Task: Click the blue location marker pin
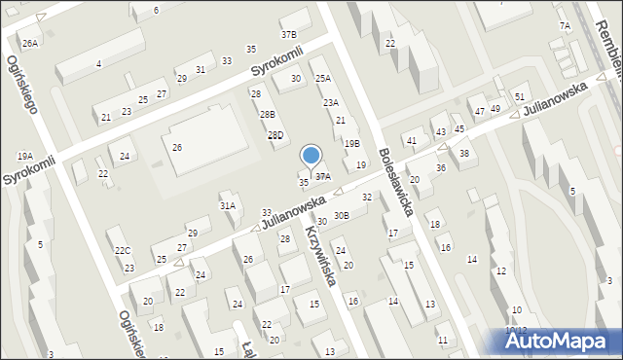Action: [x=311, y=156]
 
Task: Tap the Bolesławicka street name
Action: [x=399, y=181]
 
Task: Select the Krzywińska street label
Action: [x=321, y=256]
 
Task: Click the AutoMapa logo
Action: [x=559, y=341]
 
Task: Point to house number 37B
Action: [x=289, y=34]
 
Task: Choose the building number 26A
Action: [x=30, y=43]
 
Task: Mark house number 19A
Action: [x=24, y=156]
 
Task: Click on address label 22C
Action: [x=123, y=250]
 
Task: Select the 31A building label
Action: [x=228, y=205]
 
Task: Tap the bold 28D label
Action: [x=275, y=135]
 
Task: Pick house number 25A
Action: [x=322, y=78]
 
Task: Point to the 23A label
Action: [x=331, y=102]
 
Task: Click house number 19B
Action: [x=351, y=143]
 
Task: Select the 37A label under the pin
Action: [x=322, y=176]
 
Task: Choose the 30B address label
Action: [x=341, y=215]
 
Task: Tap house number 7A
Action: [x=565, y=25]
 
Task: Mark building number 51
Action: [x=520, y=96]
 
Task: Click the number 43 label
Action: [x=440, y=131]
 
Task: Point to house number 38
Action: [x=464, y=153]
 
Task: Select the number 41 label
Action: [x=412, y=141]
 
